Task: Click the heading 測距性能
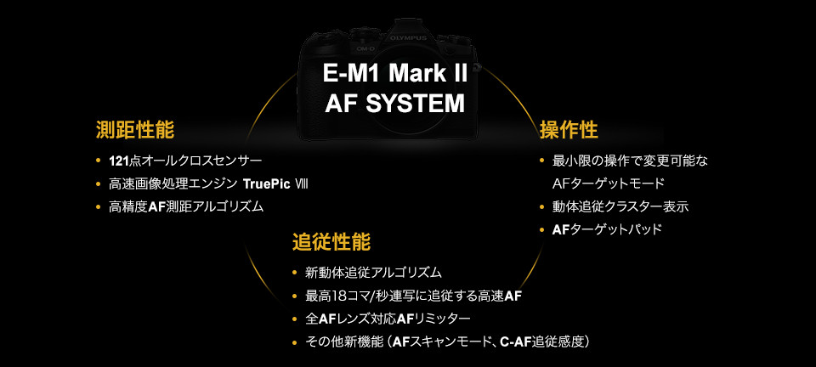135,130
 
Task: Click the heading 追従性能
331,241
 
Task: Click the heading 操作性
569,130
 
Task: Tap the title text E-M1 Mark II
396,73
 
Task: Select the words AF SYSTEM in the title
396,104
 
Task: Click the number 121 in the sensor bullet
118,161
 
